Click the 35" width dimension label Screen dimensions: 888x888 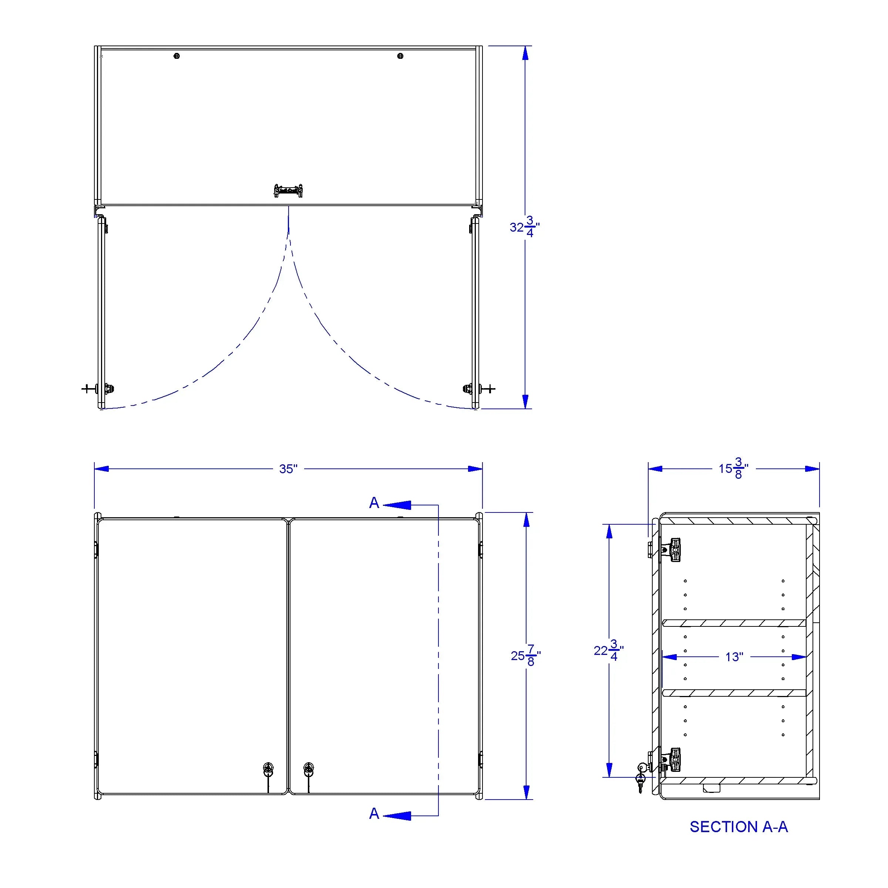288,469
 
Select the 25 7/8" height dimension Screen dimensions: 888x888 526,655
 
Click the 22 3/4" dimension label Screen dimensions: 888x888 609,650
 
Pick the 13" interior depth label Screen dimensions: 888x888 734,657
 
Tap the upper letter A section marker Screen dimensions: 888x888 374,503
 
